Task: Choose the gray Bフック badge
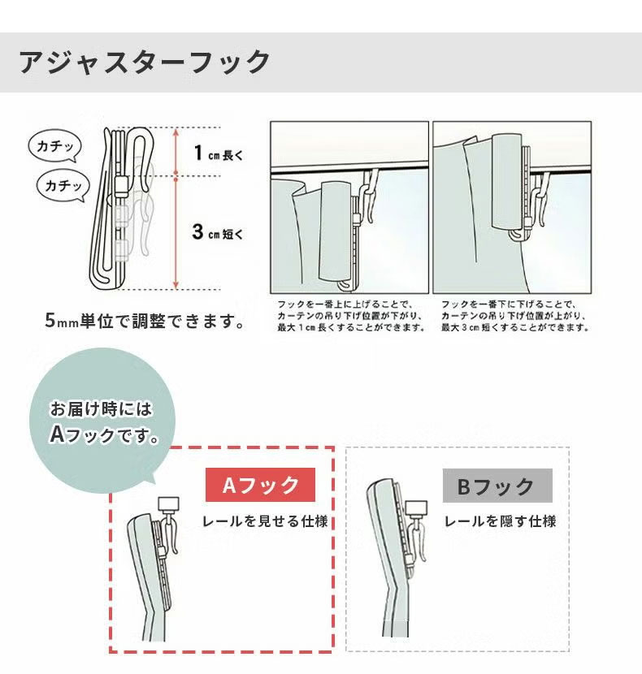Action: [497, 486]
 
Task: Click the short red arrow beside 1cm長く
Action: [176, 152]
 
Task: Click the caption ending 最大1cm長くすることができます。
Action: [350, 315]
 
